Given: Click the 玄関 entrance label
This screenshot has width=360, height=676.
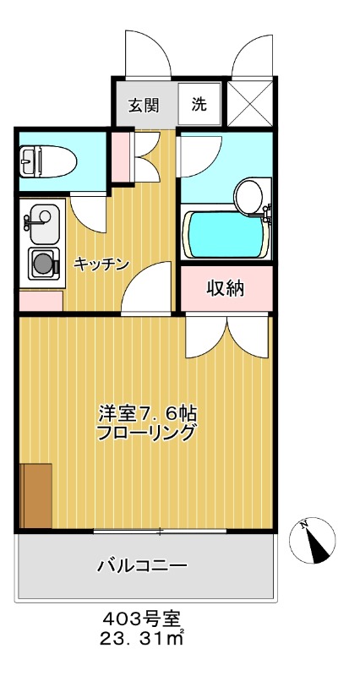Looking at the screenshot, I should (144, 106).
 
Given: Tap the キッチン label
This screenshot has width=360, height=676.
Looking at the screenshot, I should (101, 264).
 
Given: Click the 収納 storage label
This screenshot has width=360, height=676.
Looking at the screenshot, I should (226, 289).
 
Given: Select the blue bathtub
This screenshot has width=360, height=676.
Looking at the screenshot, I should (226, 235).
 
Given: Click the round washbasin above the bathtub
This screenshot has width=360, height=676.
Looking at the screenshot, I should (250, 196).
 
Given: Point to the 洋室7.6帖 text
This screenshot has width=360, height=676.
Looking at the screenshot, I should (148, 414).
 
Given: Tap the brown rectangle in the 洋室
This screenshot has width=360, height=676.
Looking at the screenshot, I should (36, 495).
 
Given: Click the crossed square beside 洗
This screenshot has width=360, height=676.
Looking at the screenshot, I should (250, 105).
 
